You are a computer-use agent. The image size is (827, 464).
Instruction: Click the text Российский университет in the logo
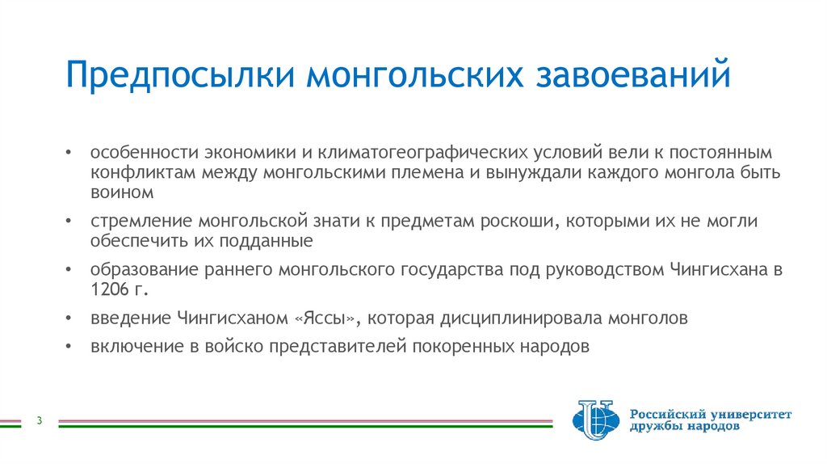click(711, 413)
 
